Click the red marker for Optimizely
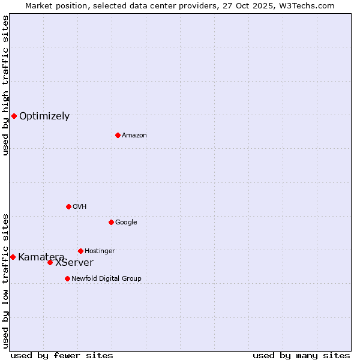[x=14, y=116]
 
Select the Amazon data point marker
[x=118, y=135]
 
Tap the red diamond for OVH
[x=68, y=206]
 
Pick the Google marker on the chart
[x=111, y=222]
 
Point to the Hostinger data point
[x=80, y=251]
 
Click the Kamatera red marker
[x=13, y=257]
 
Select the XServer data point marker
[x=50, y=262]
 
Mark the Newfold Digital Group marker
[x=67, y=278]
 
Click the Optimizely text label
[x=44, y=116]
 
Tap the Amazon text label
[x=134, y=136]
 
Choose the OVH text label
[x=80, y=207]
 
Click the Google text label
[x=126, y=223]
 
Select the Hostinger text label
[x=100, y=251]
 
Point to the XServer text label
[x=74, y=263]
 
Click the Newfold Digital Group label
[x=106, y=279]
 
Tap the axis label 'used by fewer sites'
[x=62, y=355]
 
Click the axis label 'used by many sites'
[x=301, y=355]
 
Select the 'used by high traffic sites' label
[x=5, y=86]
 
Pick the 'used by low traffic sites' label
[x=5, y=281]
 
